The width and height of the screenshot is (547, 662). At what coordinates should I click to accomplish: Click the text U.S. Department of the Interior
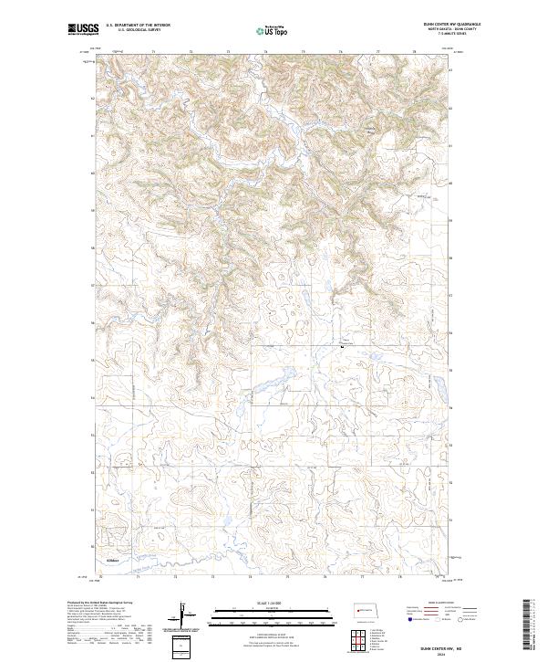[x=138, y=26]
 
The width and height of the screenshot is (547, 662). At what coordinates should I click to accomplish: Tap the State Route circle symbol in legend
[x=446, y=618]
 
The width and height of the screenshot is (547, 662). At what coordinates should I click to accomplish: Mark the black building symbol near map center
[x=342, y=346]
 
